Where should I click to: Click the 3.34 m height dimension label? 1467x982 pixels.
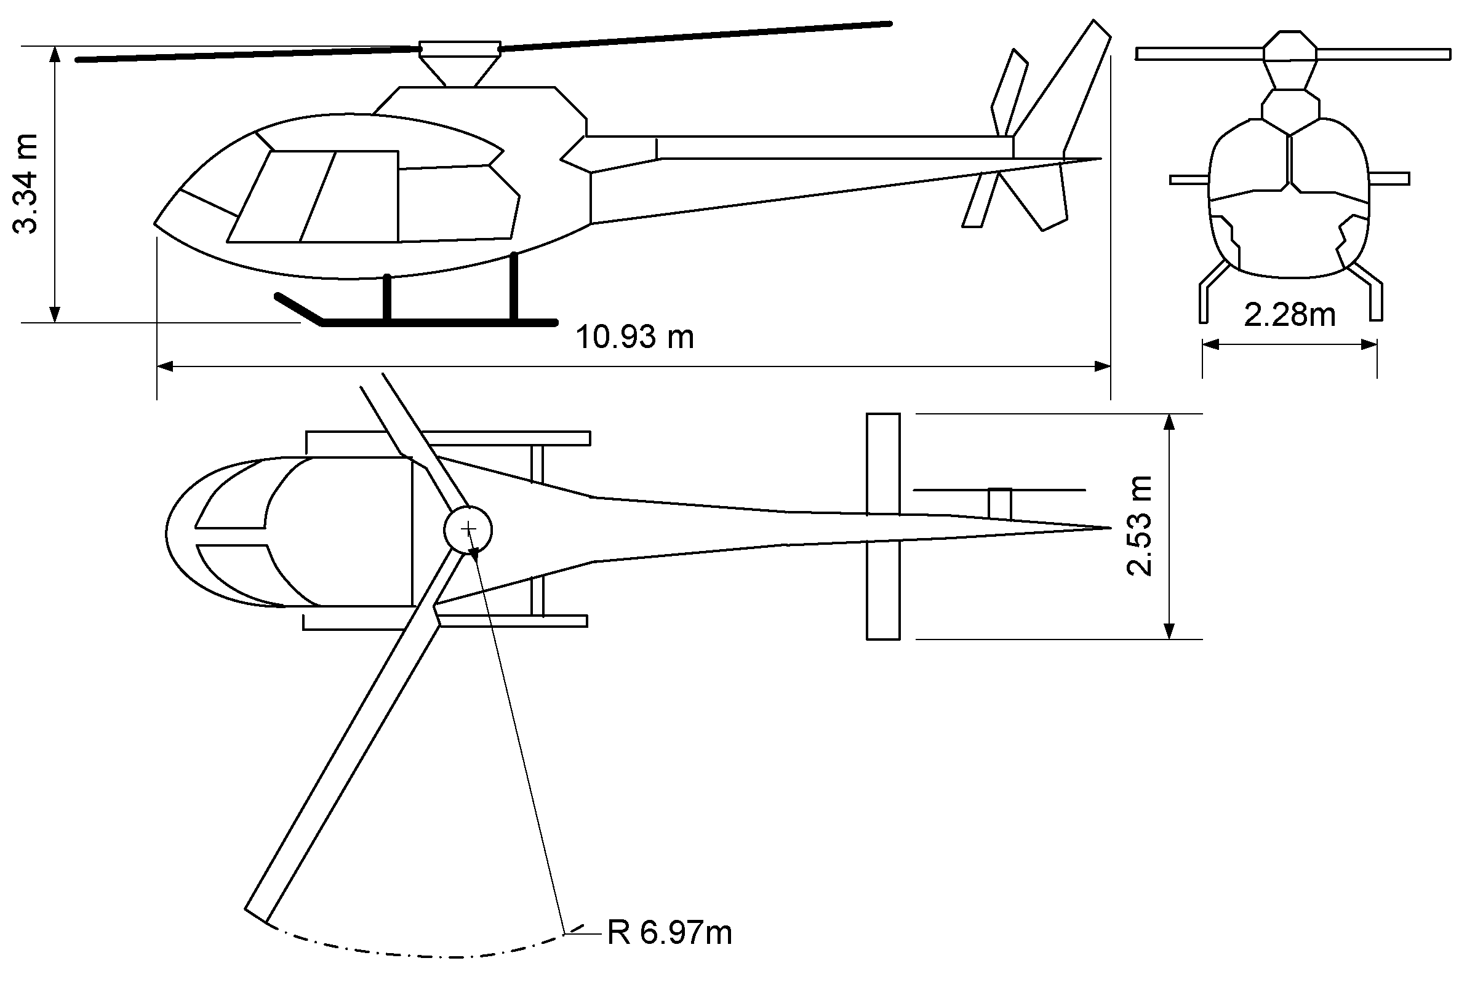click(26, 183)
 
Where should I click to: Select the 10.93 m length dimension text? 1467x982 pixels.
click(634, 337)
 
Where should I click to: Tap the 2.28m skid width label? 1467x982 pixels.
click(1289, 314)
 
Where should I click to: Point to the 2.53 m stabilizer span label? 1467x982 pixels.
click(1139, 526)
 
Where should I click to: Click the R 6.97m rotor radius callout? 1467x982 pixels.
click(670, 933)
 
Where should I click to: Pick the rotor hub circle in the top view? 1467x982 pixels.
click(468, 530)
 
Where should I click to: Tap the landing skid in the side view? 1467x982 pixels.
click(439, 323)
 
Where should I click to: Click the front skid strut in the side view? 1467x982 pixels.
click(386, 298)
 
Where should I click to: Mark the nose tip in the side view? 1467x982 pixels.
click(156, 223)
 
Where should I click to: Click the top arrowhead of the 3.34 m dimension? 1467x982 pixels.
click(55, 54)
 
